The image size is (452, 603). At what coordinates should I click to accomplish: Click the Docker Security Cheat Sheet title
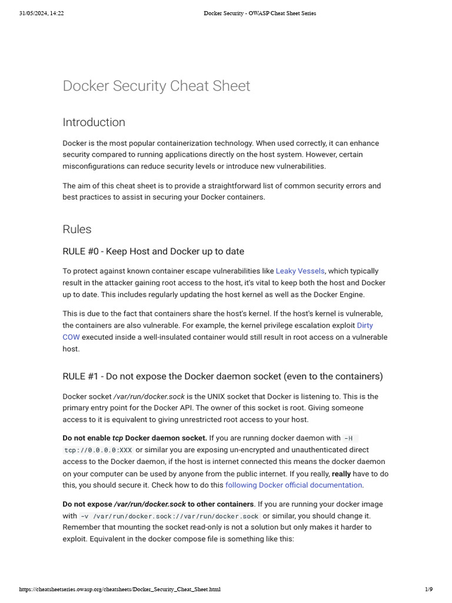(x=156, y=86)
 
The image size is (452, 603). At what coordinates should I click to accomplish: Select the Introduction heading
(x=94, y=122)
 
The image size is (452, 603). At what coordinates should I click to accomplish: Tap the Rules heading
(x=77, y=229)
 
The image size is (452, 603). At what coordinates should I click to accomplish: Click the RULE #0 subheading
(x=153, y=251)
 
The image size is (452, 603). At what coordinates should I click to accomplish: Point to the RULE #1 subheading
(x=222, y=376)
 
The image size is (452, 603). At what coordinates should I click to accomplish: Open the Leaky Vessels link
(x=300, y=271)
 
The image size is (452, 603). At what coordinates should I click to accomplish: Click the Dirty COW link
(x=364, y=326)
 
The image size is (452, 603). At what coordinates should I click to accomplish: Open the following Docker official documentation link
(x=294, y=485)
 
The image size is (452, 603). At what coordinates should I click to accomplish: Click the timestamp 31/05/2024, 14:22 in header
(x=41, y=13)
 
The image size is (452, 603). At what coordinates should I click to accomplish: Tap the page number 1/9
(x=428, y=589)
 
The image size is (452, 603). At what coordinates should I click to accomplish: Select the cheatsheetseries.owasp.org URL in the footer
(x=120, y=589)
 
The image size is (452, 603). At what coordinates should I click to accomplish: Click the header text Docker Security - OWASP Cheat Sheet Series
(x=260, y=13)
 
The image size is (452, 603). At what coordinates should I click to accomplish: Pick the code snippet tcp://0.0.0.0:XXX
(x=98, y=450)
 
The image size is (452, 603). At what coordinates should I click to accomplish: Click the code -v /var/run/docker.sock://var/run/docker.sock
(x=169, y=516)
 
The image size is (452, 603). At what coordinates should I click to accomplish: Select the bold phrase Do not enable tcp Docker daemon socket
(x=135, y=438)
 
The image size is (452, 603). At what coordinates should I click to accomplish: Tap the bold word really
(x=341, y=473)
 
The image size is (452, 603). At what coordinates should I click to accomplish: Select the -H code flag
(x=348, y=439)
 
